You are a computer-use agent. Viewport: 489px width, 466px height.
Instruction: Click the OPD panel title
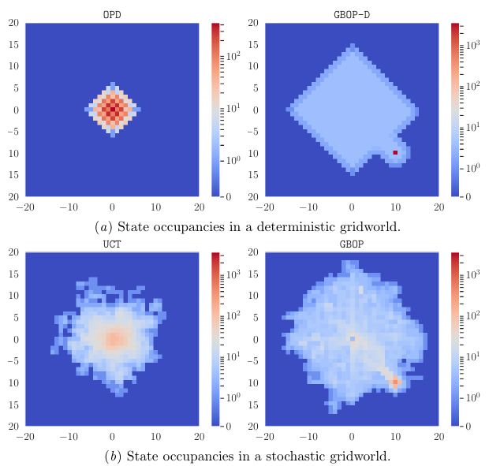(x=112, y=15)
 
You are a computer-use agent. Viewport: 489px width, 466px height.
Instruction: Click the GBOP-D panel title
(x=352, y=15)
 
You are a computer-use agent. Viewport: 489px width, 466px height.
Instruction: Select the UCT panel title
(x=112, y=244)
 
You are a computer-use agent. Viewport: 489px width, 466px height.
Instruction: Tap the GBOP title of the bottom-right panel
(x=352, y=244)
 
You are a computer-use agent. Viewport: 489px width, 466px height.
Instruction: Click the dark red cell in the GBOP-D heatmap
(x=395, y=152)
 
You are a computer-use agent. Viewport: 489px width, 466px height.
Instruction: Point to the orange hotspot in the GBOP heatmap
(x=395, y=382)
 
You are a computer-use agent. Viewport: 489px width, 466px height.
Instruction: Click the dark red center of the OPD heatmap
(x=112, y=110)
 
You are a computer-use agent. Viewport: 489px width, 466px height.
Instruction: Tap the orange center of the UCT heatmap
(x=114, y=339)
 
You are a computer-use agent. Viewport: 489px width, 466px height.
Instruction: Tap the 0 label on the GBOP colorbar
(x=468, y=426)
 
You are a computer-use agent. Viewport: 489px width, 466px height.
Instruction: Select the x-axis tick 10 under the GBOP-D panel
(x=395, y=207)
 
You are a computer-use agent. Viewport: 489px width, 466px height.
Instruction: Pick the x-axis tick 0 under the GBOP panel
(x=352, y=436)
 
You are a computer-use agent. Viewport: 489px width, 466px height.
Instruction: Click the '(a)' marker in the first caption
(x=103, y=226)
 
